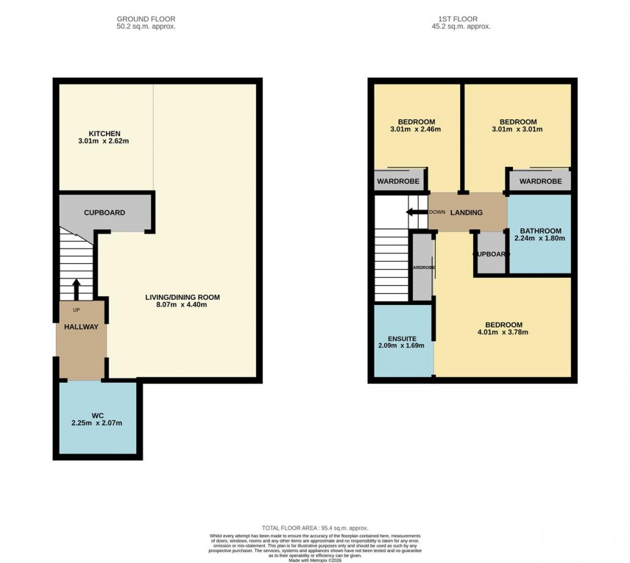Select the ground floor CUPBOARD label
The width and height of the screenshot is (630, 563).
click(104, 212)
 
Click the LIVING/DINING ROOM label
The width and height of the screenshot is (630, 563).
click(182, 297)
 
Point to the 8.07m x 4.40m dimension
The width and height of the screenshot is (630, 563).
click(182, 305)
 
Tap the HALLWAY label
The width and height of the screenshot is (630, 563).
click(81, 327)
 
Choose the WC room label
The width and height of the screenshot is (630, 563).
click(97, 415)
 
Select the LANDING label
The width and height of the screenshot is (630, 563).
click(466, 212)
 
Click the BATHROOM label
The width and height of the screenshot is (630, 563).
click(541, 231)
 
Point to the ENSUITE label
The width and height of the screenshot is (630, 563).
click(402, 338)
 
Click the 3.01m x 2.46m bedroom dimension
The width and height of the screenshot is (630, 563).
click(416, 130)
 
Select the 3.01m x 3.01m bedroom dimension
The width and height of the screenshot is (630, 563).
click(518, 130)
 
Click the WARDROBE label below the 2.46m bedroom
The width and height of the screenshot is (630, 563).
click(398, 182)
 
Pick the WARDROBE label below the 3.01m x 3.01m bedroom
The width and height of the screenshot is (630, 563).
click(540, 182)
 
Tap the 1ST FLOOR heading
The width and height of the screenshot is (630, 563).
click(461, 19)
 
